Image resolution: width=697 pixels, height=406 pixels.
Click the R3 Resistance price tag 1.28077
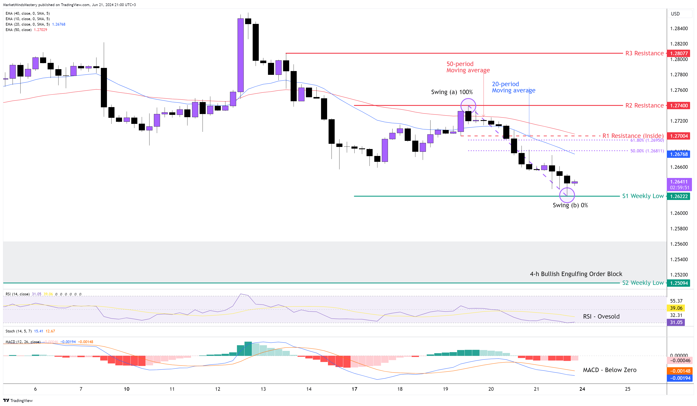click(679, 53)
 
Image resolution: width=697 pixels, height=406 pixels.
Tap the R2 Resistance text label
click(644, 105)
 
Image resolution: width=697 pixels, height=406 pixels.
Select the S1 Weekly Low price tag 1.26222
click(679, 196)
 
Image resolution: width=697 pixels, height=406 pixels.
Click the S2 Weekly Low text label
click(642, 283)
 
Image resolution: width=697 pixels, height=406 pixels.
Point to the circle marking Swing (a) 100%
click(468, 106)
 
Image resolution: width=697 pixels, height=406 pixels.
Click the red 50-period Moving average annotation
click(468, 67)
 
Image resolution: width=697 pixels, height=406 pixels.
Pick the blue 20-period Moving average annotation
click(513, 87)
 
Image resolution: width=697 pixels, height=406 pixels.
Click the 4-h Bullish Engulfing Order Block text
click(576, 274)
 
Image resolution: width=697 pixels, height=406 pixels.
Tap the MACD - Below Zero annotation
click(609, 370)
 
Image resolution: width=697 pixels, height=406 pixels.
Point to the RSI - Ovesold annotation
click(601, 316)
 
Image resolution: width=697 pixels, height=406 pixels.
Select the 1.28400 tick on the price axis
click(679, 29)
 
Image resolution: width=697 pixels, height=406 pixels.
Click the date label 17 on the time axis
click(354, 389)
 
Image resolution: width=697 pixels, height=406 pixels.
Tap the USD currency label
click(675, 14)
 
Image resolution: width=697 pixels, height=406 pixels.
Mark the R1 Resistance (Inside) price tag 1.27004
click(679, 136)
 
